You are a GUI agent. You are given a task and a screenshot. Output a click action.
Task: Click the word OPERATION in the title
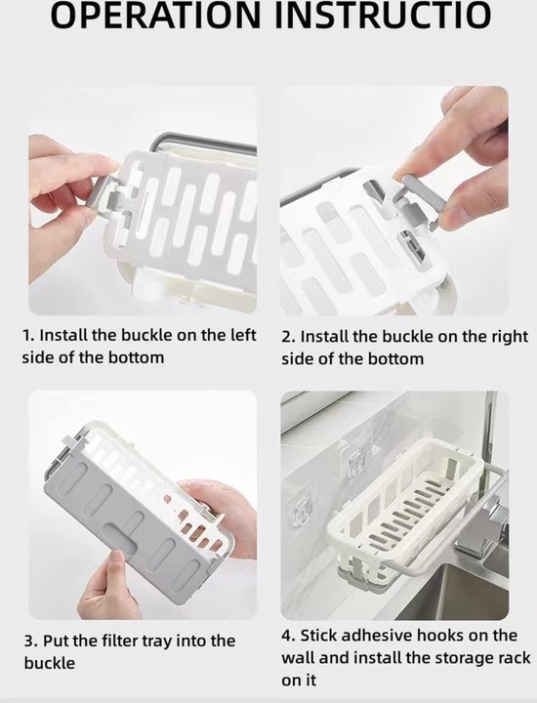click(x=154, y=15)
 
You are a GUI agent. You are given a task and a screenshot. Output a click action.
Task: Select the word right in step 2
click(x=511, y=337)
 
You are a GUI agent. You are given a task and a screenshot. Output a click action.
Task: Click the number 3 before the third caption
click(x=30, y=641)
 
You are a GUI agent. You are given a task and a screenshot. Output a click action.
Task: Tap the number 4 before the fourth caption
click(x=288, y=636)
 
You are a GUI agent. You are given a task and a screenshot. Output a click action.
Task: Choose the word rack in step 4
click(x=515, y=658)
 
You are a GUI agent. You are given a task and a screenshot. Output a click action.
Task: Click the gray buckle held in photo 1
click(x=106, y=197)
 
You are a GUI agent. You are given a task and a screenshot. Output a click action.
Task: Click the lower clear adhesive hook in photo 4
click(x=302, y=511)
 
